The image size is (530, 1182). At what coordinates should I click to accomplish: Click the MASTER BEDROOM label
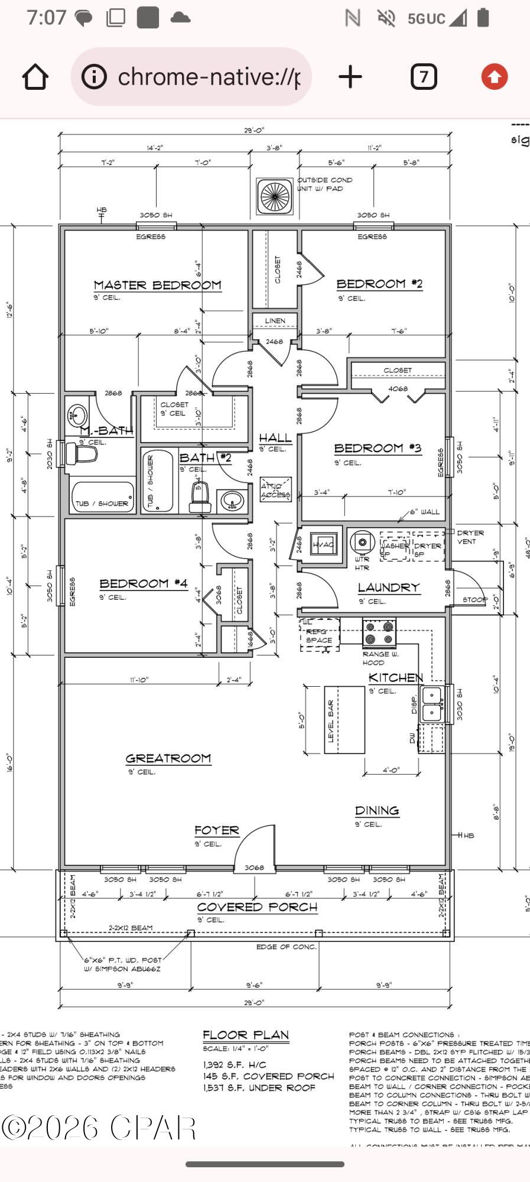(x=157, y=285)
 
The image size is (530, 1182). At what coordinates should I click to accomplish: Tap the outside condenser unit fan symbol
(x=274, y=196)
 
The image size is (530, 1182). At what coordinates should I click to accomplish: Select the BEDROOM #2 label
(x=379, y=284)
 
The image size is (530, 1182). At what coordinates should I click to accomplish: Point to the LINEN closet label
(x=275, y=320)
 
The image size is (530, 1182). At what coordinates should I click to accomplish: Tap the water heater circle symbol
(x=362, y=542)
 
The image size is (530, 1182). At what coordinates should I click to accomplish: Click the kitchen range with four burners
(x=379, y=632)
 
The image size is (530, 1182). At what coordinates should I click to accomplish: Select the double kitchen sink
(x=432, y=704)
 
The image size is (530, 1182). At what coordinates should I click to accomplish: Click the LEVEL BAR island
(x=344, y=720)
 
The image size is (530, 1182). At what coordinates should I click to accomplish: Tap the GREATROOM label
(x=168, y=758)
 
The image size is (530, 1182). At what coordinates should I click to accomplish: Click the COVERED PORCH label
(x=257, y=907)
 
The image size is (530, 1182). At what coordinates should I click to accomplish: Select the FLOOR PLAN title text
(x=246, y=1035)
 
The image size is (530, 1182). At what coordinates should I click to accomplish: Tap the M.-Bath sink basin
(x=77, y=416)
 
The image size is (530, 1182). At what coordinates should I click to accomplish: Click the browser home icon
(x=35, y=77)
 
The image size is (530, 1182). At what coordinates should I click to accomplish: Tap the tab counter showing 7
(x=424, y=77)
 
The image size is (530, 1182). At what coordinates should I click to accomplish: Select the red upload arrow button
(x=494, y=77)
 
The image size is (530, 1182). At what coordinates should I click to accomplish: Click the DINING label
(x=377, y=810)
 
